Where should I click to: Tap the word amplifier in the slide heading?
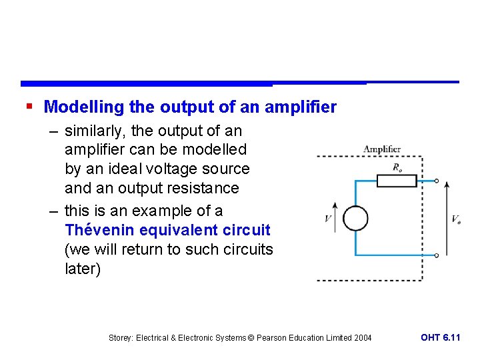pos(301,107)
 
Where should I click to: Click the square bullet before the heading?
pos(28,106)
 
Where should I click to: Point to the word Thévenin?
pos(97,231)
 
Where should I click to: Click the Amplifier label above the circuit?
pos(382,149)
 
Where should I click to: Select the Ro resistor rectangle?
pos(397,180)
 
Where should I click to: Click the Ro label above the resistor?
pos(398,167)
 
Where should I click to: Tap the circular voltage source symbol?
pos(355,219)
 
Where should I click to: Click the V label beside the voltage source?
pos(328,219)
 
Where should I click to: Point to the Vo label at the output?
pos(456,219)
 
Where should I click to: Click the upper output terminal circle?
pos(437,181)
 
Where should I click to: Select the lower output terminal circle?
pos(437,255)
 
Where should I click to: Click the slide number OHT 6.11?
pos(440,337)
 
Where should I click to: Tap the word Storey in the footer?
pos(121,338)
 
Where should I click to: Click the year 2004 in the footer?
pos(363,338)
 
